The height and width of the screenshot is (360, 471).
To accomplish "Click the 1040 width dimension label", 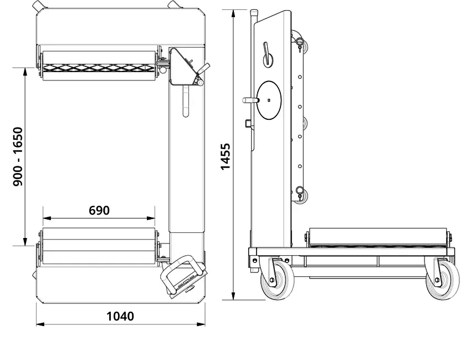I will tap(120, 316).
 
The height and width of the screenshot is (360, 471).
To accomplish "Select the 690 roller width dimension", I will tap(99, 210).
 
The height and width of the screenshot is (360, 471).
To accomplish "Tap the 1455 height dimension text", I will tap(226, 156).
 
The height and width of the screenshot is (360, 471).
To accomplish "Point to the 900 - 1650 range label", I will tap(18, 156).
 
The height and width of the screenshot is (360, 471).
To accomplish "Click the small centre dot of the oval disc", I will tap(268, 100).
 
